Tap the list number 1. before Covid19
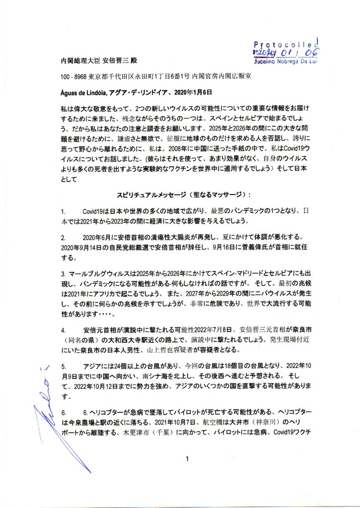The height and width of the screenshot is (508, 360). pos(63,211)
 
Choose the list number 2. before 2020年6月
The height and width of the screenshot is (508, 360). pos(63,237)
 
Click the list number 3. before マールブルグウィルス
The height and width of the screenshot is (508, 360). pos(63,274)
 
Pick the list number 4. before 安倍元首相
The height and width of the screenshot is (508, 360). pos(63,329)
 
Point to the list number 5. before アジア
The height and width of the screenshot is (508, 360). pos(63,366)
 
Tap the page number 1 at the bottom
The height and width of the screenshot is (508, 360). pos(187,459)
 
